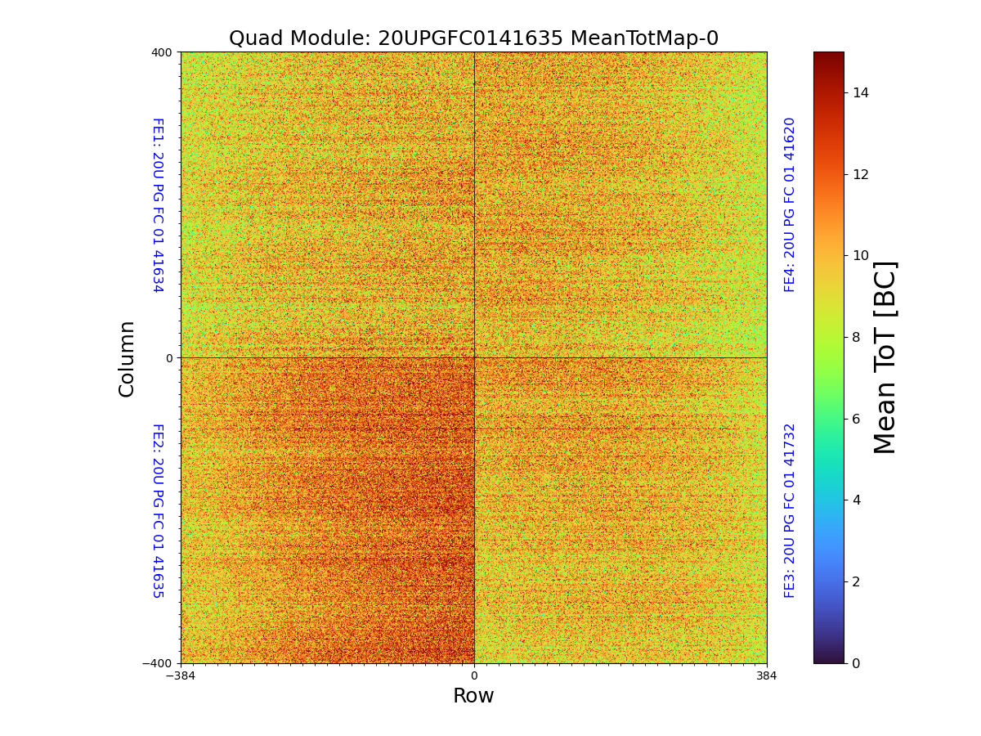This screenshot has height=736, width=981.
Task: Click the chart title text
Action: [473, 38]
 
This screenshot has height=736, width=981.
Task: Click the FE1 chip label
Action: [157, 205]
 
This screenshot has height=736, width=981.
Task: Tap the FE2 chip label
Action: [157, 510]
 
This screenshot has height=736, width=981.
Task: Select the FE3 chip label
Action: [790, 510]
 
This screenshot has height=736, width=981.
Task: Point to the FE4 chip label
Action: [790, 204]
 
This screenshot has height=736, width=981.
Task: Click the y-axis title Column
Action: [127, 358]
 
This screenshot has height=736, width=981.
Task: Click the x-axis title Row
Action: [473, 696]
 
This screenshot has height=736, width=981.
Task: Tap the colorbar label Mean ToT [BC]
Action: [885, 357]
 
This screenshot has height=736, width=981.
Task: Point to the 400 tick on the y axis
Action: [162, 52]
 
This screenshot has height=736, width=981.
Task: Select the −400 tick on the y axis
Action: [159, 663]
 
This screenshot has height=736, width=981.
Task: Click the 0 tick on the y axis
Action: [169, 358]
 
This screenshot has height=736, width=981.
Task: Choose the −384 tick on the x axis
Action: [181, 676]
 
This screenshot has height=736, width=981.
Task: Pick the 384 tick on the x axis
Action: [767, 676]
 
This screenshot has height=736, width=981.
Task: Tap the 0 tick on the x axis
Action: [474, 676]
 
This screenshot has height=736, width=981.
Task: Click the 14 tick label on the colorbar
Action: [861, 92]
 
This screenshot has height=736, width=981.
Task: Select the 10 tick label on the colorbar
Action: [861, 256]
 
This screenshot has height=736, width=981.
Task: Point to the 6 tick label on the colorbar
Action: [857, 419]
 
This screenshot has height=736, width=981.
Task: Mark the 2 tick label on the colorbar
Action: [857, 581]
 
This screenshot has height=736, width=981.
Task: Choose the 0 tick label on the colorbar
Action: [857, 663]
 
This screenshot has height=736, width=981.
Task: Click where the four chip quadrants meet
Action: [474, 357]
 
